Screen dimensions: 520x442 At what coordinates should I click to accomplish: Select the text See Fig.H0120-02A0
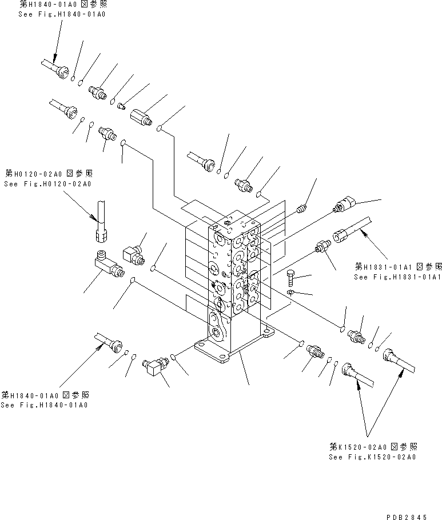tap(47, 184)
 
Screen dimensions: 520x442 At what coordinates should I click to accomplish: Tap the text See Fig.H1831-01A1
tap(397, 277)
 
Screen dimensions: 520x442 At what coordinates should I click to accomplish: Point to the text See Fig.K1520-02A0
tap(372, 457)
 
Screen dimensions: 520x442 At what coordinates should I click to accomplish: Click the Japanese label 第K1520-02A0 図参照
tap(373, 447)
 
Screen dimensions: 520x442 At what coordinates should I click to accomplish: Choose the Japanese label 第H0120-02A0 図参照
tap(48, 173)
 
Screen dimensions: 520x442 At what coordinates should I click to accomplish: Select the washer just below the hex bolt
tap(290, 293)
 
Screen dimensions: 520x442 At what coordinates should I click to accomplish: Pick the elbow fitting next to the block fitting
tap(133, 254)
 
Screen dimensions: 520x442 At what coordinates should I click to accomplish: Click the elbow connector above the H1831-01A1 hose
tap(345, 203)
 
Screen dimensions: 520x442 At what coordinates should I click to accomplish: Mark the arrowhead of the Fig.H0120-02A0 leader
tap(95, 218)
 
